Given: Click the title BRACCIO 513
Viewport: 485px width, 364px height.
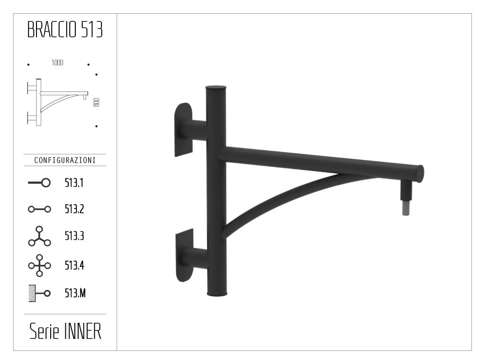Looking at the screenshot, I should tap(65, 30).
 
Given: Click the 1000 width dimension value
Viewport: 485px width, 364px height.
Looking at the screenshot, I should tap(57, 63).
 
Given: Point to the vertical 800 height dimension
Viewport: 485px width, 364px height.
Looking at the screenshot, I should tap(96, 102).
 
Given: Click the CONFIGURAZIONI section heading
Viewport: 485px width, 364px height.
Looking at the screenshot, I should tap(65, 160).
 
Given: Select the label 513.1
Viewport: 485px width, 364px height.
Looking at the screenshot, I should tap(74, 183).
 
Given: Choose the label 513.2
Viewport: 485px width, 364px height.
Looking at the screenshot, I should tap(74, 209).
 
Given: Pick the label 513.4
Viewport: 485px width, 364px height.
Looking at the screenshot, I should tap(74, 265).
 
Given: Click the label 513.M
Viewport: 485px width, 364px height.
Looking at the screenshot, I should tap(75, 294).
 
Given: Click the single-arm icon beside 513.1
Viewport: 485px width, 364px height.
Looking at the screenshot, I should tap(39, 183).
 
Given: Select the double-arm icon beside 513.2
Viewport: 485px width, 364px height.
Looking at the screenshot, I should tap(39, 209).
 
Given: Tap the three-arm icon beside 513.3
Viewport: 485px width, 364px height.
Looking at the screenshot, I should tap(39, 236).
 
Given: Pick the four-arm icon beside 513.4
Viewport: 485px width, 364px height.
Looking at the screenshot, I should tap(39, 265).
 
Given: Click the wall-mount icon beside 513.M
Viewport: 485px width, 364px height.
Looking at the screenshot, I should tap(39, 294).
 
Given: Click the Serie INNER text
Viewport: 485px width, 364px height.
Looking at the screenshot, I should tap(65, 332).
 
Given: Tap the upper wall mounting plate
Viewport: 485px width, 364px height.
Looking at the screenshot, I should tap(183, 129).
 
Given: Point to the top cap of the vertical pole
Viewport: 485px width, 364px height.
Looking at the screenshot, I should tap(216, 88).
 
